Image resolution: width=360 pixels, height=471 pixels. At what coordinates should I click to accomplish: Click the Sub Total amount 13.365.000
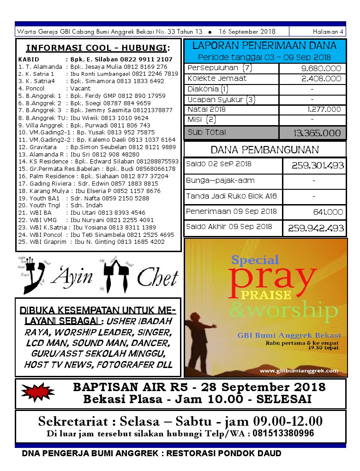[x=318, y=133]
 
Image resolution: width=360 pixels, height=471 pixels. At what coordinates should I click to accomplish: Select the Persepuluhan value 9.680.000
[x=321, y=68]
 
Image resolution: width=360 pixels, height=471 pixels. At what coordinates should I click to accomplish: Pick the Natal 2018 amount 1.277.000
[x=324, y=109]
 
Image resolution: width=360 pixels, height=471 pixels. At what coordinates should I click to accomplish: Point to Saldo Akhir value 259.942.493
[x=316, y=228]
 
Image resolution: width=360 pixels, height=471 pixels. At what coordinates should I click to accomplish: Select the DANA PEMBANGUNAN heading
[x=264, y=150]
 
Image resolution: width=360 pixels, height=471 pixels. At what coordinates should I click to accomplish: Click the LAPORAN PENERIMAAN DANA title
[x=264, y=45]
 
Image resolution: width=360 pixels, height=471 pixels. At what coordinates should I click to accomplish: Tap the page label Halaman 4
[x=328, y=32]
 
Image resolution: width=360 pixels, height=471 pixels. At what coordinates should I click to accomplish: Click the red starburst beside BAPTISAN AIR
[x=36, y=393]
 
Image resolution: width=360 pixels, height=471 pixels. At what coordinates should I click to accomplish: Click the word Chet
[x=157, y=278]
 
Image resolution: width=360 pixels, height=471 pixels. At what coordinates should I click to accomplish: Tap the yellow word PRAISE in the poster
[x=266, y=295]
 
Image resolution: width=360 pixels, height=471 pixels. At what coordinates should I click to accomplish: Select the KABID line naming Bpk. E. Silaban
[x=96, y=59]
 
